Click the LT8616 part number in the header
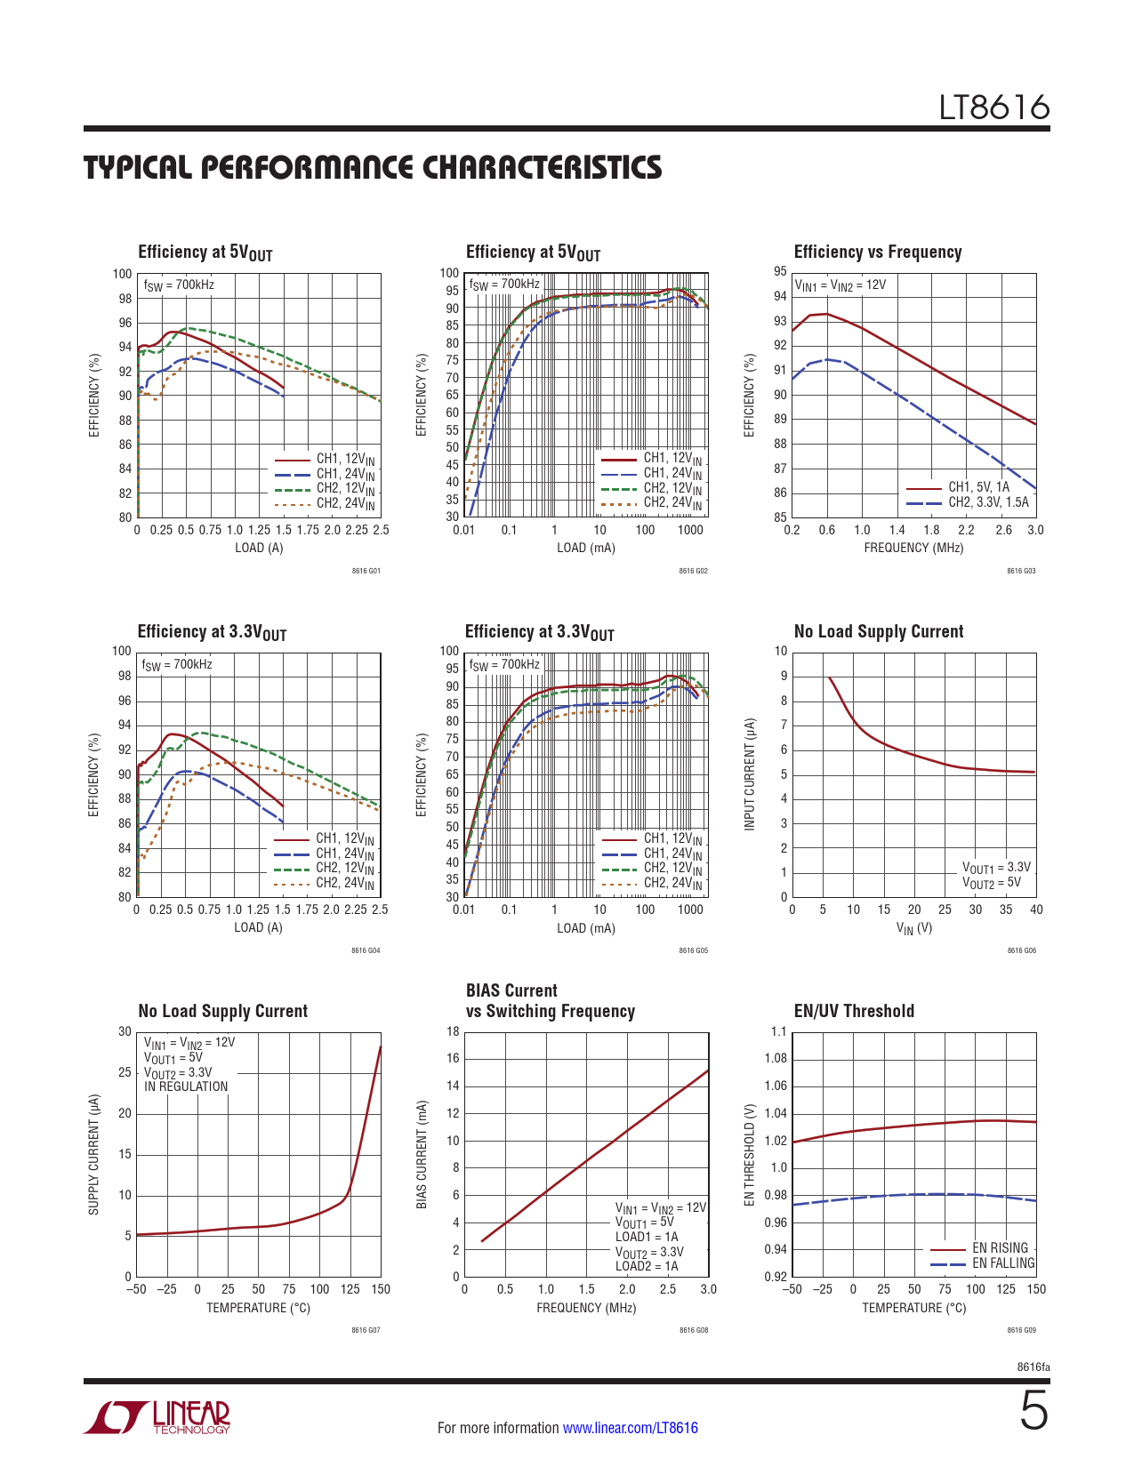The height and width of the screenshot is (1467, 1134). click(x=994, y=108)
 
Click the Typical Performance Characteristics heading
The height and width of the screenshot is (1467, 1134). click(x=373, y=167)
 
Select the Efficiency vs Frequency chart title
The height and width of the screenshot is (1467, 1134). click(x=877, y=252)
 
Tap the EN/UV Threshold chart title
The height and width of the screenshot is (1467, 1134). click(x=853, y=1011)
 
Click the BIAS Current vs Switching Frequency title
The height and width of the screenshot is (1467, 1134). click(x=550, y=1001)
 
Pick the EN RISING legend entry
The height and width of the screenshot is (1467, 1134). click(x=1000, y=1248)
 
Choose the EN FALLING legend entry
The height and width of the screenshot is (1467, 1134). click(x=1003, y=1263)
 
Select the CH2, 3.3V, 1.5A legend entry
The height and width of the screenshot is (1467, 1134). click(x=988, y=502)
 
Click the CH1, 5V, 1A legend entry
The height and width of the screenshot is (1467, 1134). click(x=978, y=487)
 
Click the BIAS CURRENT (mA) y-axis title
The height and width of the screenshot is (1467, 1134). click(x=422, y=1154)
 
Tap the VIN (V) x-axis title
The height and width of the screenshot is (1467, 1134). click(x=913, y=928)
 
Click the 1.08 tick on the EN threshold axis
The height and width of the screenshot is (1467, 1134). click(x=776, y=1058)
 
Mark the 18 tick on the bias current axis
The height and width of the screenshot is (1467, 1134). click(x=453, y=1031)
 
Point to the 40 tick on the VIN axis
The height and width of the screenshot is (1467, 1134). click(x=1036, y=910)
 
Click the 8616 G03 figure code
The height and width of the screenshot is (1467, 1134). click(x=1021, y=571)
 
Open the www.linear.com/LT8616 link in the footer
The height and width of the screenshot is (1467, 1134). click(x=630, y=1428)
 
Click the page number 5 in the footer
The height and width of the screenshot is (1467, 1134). click(x=1033, y=1411)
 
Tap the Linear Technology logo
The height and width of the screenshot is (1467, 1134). click(x=157, y=1417)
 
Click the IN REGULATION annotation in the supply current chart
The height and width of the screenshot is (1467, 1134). click(x=186, y=1086)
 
